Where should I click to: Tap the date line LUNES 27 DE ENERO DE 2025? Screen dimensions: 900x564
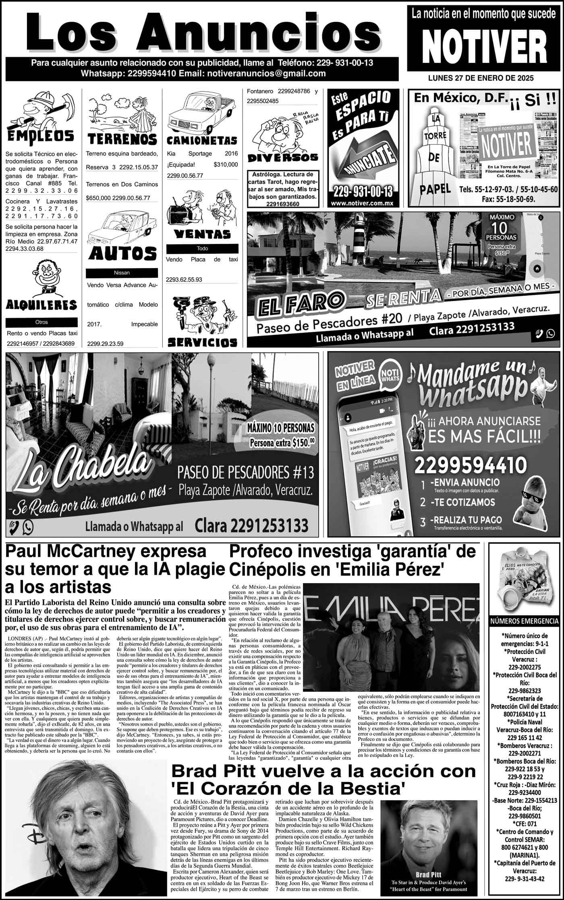[481, 79]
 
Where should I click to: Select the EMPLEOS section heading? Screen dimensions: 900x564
[40, 136]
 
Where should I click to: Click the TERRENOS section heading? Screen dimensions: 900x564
[122, 139]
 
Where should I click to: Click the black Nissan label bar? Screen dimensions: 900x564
[122, 273]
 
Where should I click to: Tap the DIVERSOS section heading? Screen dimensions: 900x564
[283, 157]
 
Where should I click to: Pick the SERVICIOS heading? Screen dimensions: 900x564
[202, 342]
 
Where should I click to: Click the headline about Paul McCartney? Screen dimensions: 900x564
[115, 568]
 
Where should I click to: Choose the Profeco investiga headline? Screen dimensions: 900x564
[352, 559]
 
